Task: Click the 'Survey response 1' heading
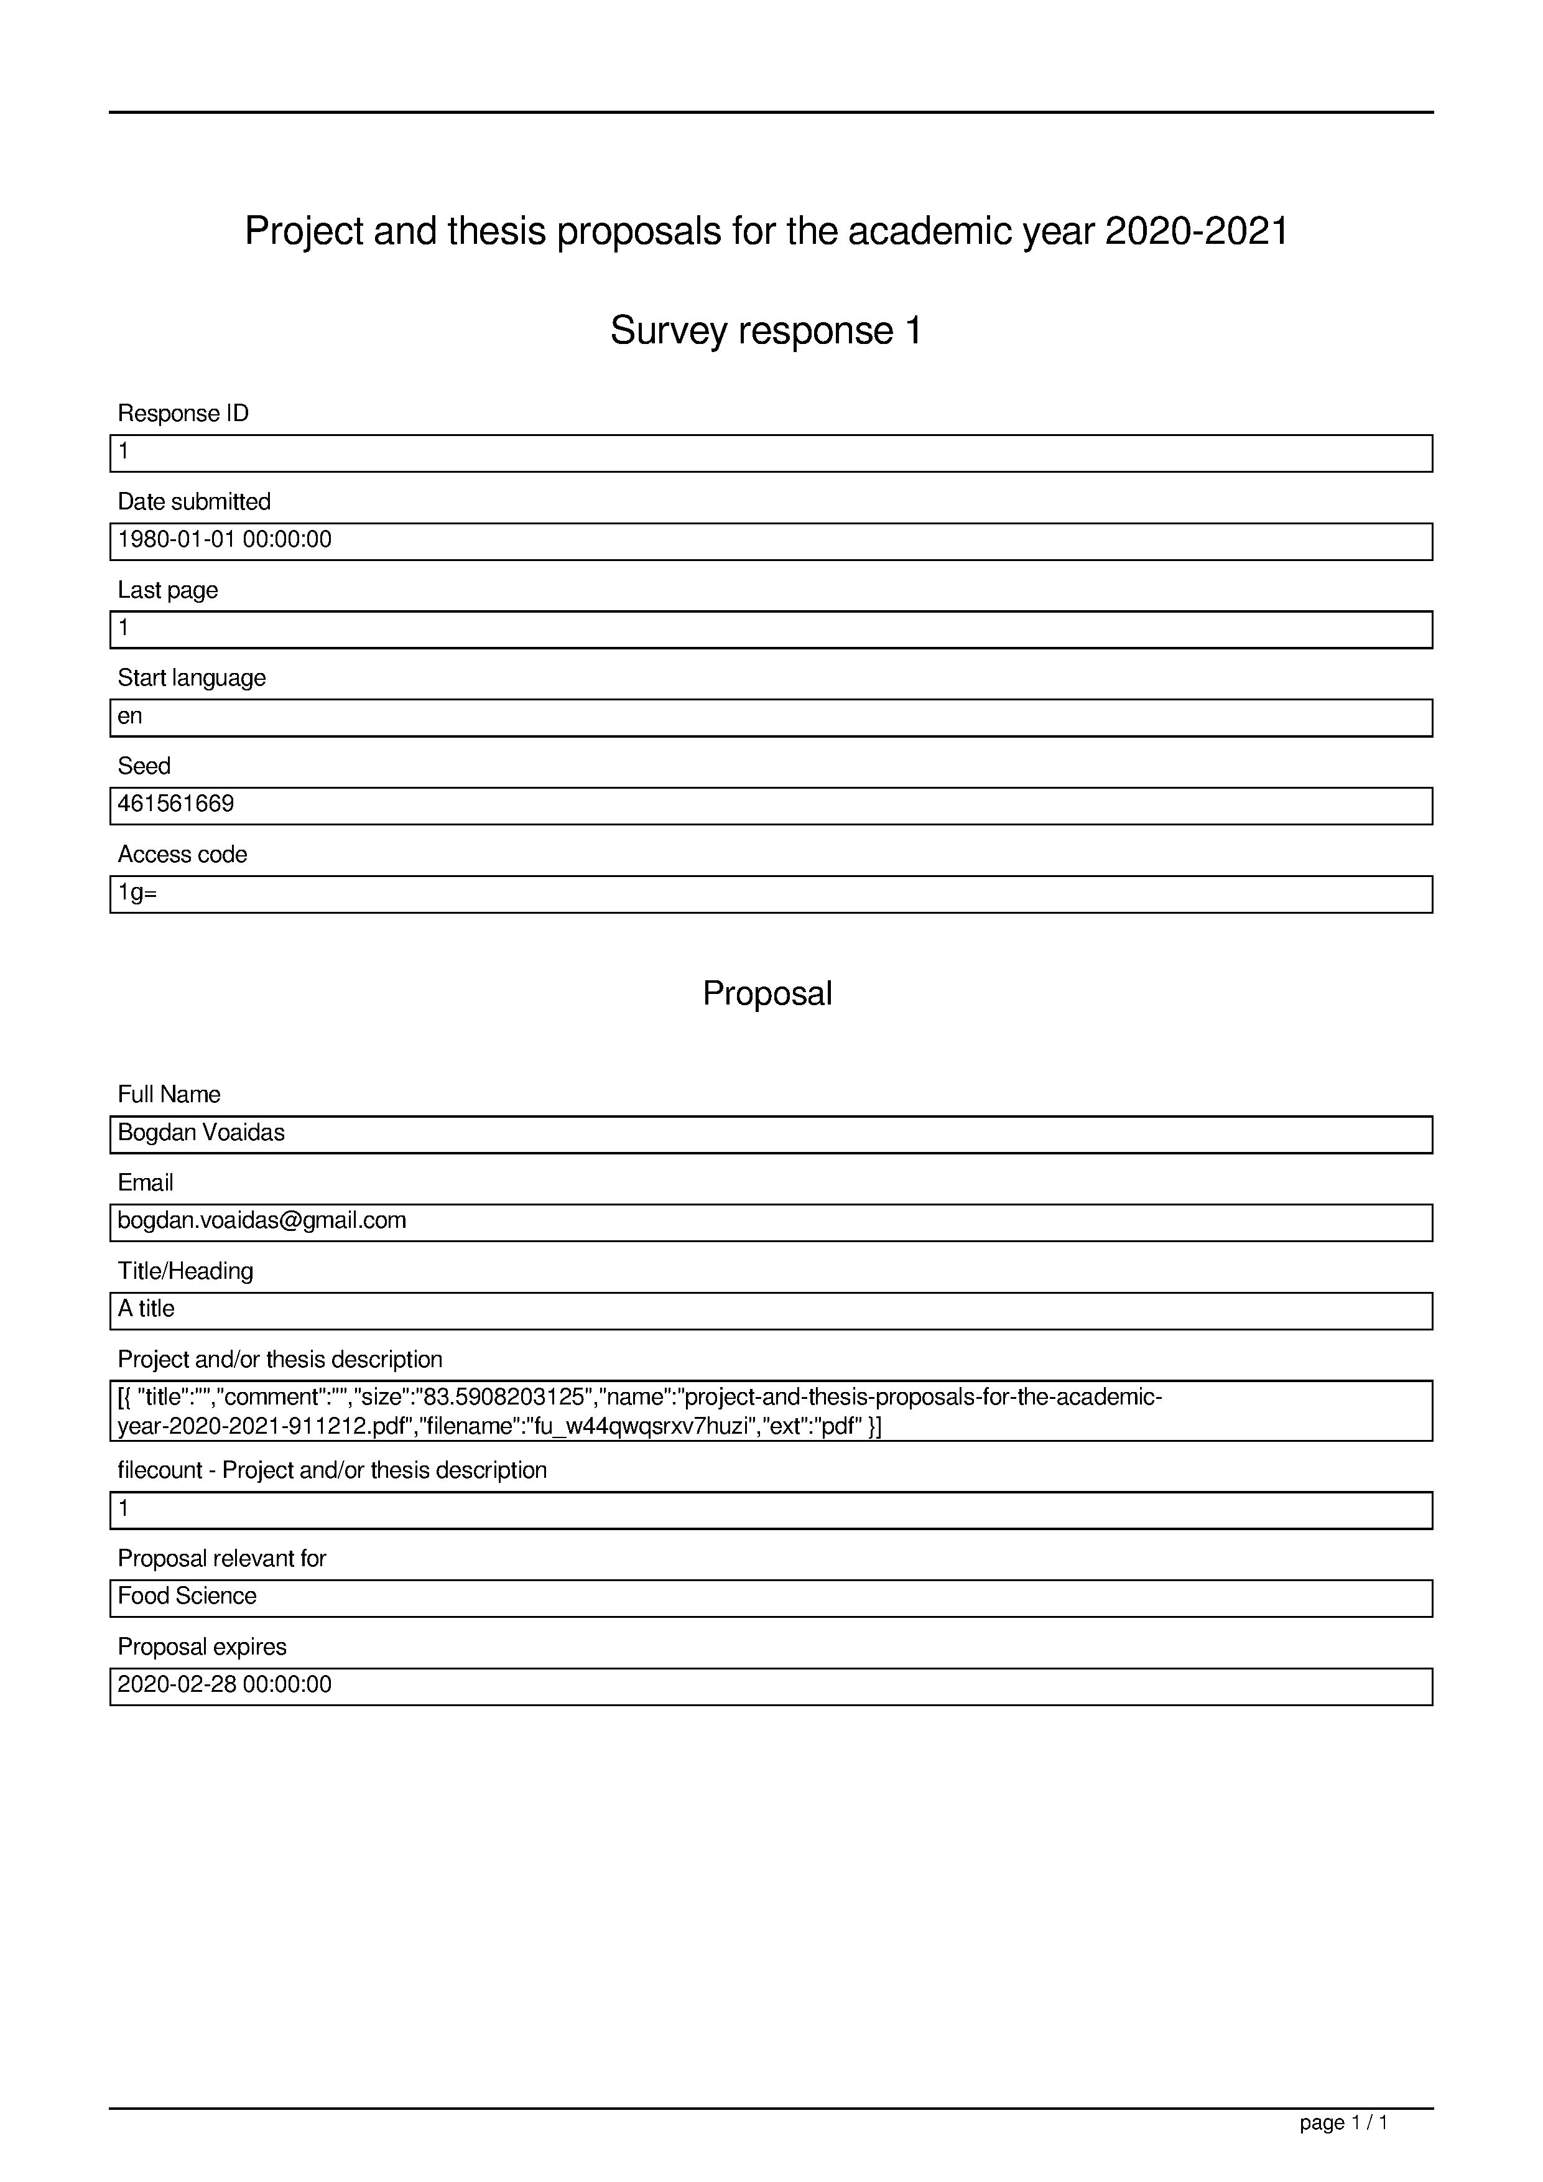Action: coord(766,331)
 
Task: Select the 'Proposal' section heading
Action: coord(767,993)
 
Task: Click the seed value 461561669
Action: coord(176,804)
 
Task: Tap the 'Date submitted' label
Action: coord(194,502)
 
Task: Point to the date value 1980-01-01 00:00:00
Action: coord(225,540)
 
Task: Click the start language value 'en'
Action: coord(130,717)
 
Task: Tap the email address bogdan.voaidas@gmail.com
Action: coord(261,1220)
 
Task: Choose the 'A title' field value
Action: coord(146,1309)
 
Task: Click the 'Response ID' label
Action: coord(182,414)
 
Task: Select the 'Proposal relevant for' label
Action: coord(221,1559)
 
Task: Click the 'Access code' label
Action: coord(182,855)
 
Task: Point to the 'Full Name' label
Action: coord(169,1095)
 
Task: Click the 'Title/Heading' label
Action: coord(185,1271)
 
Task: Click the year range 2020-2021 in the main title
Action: coord(1196,231)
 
